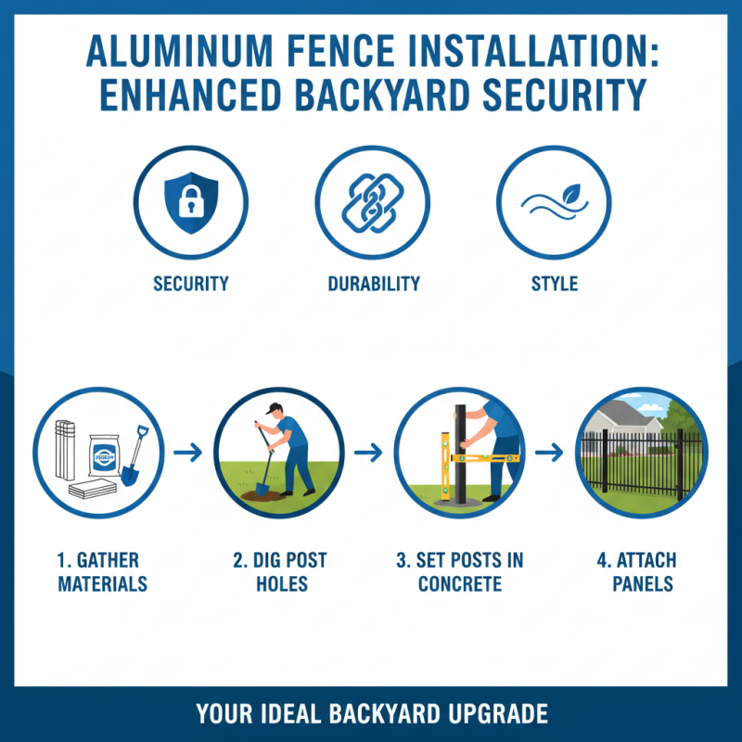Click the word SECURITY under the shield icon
[x=191, y=284]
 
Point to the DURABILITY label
[x=374, y=284]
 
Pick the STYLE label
[x=555, y=284]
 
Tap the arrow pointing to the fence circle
[x=551, y=453]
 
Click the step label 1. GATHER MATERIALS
[x=102, y=572]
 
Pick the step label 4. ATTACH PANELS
[x=641, y=572]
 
